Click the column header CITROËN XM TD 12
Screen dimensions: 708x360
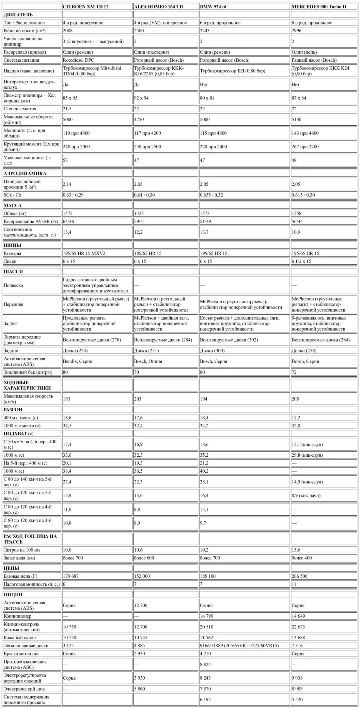pyautogui.click(x=86, y=7)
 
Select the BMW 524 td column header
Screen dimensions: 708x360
pyautogui.click(x=213, y=7)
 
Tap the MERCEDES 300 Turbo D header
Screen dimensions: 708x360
pyautogui.click(x=319, y=7)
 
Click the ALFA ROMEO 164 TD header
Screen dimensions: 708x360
pyautogui.click(x=158, y=7)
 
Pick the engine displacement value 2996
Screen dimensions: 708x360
pyautogui.click(x=296, y=31)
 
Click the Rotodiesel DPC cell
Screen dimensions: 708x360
pyautogui.click(x=79, y=60)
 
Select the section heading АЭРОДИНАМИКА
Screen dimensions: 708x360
pyautogui.click(x=25, y=173)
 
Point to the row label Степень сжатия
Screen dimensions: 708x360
pyautogui.click(x=20, y=109)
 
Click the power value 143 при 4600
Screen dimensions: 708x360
pyautogui.click(x=305, y=133)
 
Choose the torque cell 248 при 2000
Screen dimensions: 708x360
pyautogui.click(x=76, y=147)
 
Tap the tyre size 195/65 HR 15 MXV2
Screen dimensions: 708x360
pyautogui.click(x=84, y=253)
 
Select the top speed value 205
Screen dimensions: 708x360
pyautogui.click(x=295, y=399)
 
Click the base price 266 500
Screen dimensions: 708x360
pyautogui.click(x=299, y=576)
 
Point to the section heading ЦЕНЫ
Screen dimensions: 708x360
pyautogui.click(x=11, y=568)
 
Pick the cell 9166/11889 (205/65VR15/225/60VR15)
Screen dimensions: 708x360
pyautogui.click(x=239, y=645)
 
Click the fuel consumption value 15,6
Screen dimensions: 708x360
pyautogui.click(x=296, y=550)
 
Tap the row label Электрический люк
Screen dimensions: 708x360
pyautogui.click(x=24, y=689)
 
